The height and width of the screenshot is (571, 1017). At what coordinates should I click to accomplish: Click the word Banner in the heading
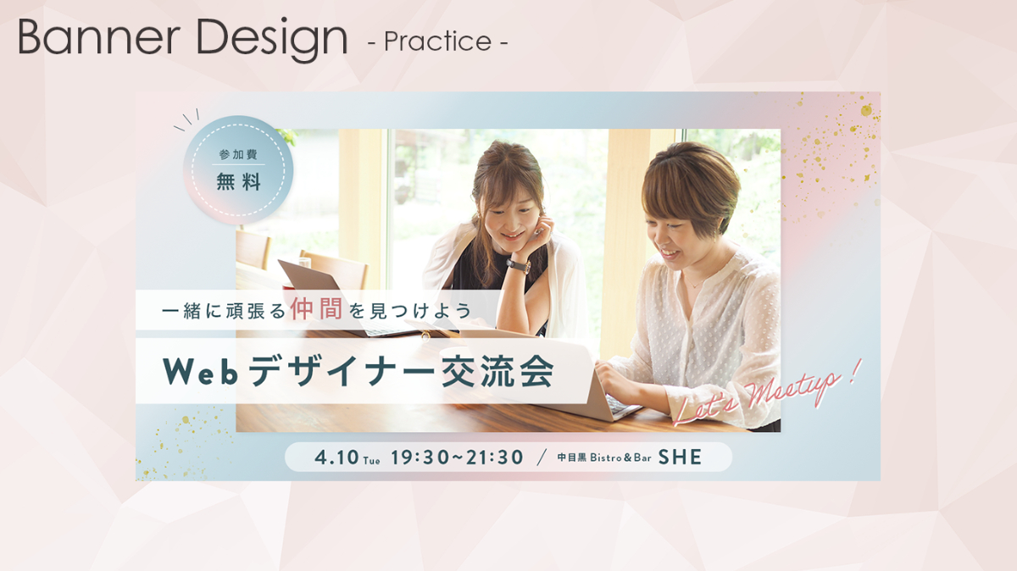point(99,37)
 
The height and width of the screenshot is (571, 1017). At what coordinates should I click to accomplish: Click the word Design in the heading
point(272,40)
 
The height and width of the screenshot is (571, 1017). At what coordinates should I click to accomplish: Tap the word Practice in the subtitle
point(437,42)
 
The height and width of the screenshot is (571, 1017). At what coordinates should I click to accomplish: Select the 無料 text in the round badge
point(238,182)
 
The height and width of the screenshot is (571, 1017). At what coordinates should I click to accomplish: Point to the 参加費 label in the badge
point(238,155)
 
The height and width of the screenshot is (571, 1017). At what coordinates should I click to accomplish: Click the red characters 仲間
point(316,309)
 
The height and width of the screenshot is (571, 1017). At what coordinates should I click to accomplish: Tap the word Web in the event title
point(200,371)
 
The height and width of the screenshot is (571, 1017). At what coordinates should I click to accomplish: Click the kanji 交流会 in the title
point(497,371)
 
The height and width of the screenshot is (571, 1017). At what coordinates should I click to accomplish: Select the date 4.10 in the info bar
point(336,457)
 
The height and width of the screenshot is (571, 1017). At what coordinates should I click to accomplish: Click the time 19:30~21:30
point(457,457)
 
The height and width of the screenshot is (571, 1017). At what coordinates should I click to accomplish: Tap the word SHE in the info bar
point(680,457)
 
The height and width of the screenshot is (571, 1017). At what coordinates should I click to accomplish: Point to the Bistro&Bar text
point(620,457)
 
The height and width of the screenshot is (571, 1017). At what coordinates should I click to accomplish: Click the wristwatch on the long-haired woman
point(519,265)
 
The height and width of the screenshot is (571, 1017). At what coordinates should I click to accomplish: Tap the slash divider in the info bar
point(541,457)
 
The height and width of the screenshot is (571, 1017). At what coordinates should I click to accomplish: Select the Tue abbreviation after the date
point(371,461)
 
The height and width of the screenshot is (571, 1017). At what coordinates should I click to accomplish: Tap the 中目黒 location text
point(572,457)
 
